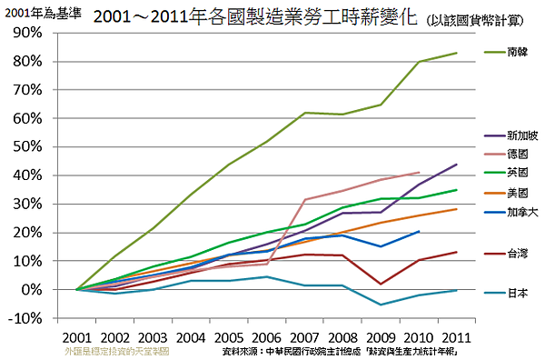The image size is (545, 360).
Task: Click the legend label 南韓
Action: pos(520,53)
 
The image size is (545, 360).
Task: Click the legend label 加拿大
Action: pos(522,212)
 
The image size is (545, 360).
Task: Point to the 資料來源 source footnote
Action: pos(340,350)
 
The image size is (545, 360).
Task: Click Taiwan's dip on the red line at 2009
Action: pos(381,285)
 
